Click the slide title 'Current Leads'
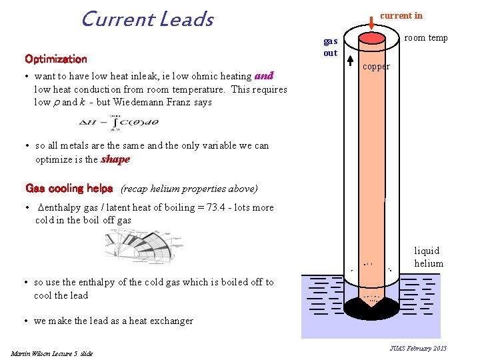click(x=147, y=19)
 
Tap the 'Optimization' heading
click(x=56, y=59)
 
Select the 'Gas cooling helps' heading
click(x=69, y=189)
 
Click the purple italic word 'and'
click(x=264, y=76)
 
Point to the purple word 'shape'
click(x=115, y=159)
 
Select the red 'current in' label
click(x=401, y=15)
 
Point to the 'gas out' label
click(x=331, y=47)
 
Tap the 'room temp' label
click(x=426, y=38)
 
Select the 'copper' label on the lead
click(x=376, y=67)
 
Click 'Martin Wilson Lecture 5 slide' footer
click(x=52, y=353)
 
